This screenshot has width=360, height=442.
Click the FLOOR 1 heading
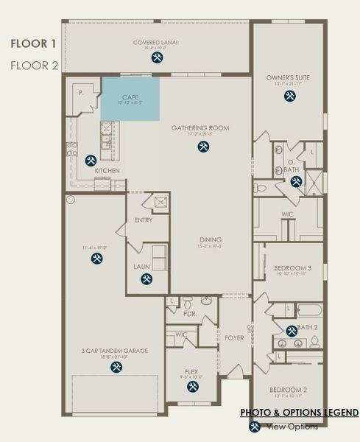[x=34, y=43]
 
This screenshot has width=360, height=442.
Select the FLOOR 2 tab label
[x=34, y=65]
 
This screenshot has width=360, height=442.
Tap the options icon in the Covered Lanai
[x=156, y=57]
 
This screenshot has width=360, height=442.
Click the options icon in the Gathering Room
[x=203, y=146]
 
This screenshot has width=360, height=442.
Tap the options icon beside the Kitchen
[x=91, y=160]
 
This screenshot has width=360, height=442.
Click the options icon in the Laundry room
[x=146, y=279]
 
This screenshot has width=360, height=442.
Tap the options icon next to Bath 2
[x=292, y=329]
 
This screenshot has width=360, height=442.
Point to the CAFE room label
[x=130, y=97]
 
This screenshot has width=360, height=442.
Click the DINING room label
[x=210, y=239]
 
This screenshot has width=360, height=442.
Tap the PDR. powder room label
[x=189, y=313]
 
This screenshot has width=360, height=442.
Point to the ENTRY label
[x=144, y=220]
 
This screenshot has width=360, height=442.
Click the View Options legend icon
[x=254, y=426]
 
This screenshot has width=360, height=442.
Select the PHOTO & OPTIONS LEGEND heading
[x=300, y=412]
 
